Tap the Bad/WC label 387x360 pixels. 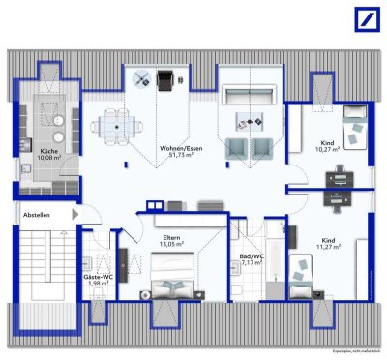tap(251, 255)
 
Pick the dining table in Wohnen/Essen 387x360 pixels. tap(114, 124)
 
